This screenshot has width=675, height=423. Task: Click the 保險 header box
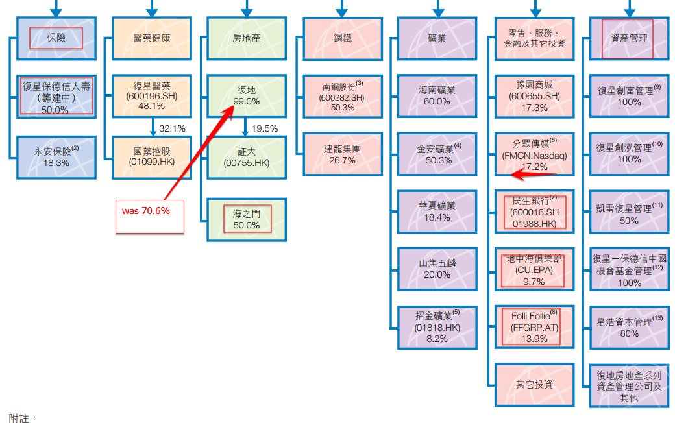click(x=56, y=38)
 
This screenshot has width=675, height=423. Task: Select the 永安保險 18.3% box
click(x=56, y=156)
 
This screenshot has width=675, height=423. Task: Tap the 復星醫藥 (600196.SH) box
click(x=152, y=95)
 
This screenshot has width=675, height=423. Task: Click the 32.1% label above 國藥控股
click(x=172, y=128)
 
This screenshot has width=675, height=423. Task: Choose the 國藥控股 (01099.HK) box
click(x=152, y=156)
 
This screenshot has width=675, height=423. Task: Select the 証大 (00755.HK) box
click(x=247, y=156)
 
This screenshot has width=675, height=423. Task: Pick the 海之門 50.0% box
click(x=247, y=219)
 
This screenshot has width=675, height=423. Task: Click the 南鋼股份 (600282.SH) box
click(x=342, y=95)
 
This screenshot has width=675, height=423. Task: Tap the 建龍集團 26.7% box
click(x=342, y=154)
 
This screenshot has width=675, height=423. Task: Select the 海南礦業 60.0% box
click(x=437, y=95)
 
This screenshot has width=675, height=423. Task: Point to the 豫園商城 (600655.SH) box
click(x=534, y=95)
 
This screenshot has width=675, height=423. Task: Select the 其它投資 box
click(x=534, y=384)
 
